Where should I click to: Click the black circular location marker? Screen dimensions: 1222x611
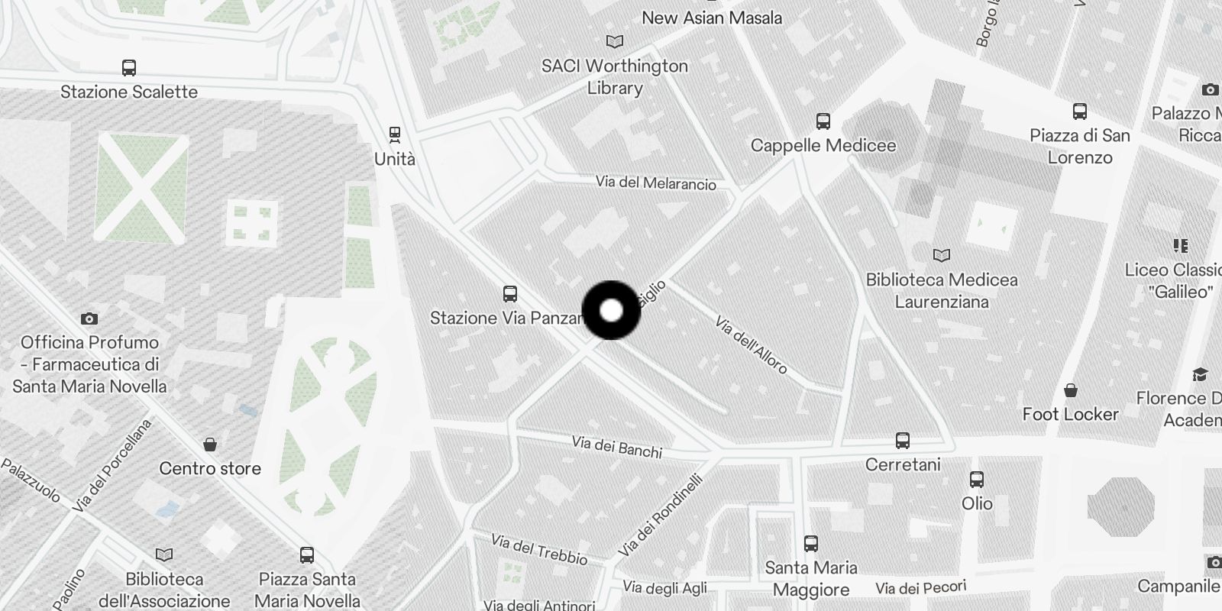[x=611, y=310]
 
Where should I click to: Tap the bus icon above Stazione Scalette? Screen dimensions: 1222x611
[x=129, y=68]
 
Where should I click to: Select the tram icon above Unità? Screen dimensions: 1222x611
[x=395, y=135]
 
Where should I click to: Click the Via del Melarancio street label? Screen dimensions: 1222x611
[x=656, y=183]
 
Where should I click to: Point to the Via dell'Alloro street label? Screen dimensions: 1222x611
[x=751, y=345]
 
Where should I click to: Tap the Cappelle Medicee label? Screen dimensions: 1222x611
[x=823, y=145]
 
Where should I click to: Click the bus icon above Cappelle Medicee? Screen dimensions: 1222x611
[x=823, y=121]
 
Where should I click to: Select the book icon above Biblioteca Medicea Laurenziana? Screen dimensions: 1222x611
[x=942, y=255]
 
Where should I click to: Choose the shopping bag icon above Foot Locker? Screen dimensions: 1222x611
[x=1071, y=390]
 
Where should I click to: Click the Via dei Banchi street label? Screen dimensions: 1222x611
[x=617, y=447]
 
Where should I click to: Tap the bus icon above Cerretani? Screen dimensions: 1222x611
[x=903, y=441]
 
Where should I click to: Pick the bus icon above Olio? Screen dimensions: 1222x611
[x=977, y=480]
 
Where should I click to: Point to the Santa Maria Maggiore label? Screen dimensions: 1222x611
[x=811, y=578]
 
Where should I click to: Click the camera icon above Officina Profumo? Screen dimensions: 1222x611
[x=89, y=318]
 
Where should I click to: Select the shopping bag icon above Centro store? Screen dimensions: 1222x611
[x=210, y=445]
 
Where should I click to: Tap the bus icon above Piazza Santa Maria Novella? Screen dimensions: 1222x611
[x=307, y=555]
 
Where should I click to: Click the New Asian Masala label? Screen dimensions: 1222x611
[x=712, y=18]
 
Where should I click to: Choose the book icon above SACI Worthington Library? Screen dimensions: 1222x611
[x=614, y=42]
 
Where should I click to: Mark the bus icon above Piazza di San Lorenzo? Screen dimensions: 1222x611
[x=1080, y=112]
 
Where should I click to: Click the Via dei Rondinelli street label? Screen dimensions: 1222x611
[x=661, y=516]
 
